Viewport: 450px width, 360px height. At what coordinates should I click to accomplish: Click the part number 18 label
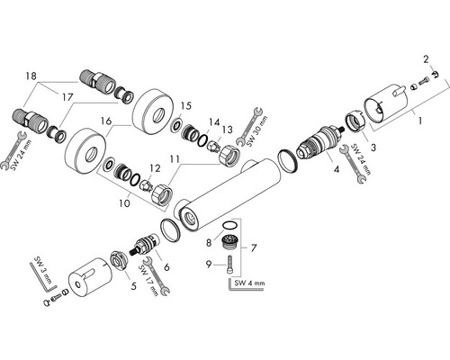coord(31,76)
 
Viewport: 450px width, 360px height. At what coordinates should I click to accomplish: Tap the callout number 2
coord(426,59)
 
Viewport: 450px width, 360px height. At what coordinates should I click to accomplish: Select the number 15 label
coord(186,106)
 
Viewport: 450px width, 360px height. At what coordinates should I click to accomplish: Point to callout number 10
coord(124,203)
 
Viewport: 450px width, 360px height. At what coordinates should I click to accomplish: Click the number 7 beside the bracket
coord(254,248)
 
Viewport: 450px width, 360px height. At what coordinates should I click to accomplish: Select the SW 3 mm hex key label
coord(43,271)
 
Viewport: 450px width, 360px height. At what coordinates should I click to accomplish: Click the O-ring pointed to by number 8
coord(230,225)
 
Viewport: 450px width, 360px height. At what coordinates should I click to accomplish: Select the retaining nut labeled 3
coord(355,121)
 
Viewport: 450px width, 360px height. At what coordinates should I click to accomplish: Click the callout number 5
coord(133,286)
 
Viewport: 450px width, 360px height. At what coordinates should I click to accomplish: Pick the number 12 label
coord(155,168)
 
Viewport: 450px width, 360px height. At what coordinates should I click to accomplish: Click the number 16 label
coord(106,121)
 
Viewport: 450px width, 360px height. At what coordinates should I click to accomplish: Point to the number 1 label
coord(420,121)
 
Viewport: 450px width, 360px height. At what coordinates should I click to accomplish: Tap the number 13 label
coord(227,130)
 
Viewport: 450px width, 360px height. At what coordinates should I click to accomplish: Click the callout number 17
coord(67,97)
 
